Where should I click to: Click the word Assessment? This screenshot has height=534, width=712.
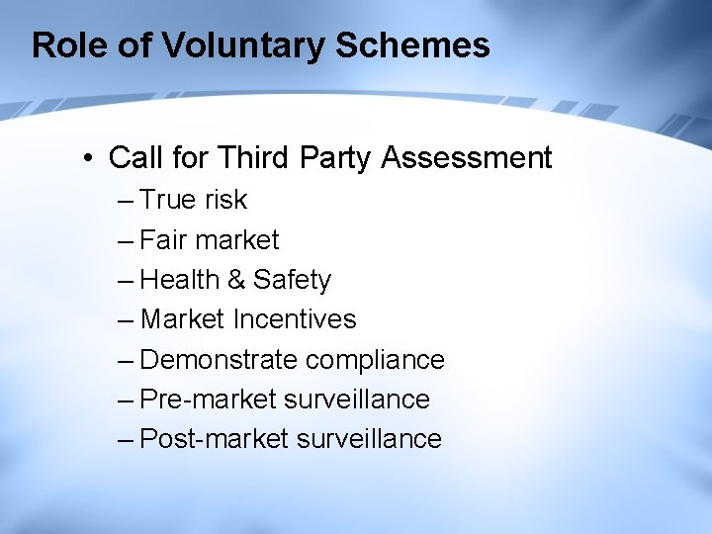(467, 158)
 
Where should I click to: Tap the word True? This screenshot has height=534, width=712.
(169, 200)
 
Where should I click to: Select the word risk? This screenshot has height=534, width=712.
(225, 200)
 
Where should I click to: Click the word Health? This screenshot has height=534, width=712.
(180, 280)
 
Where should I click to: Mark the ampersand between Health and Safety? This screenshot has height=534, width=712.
(236, 280)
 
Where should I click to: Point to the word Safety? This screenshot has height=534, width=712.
(292, 280)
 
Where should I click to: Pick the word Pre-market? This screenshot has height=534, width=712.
(208, 400)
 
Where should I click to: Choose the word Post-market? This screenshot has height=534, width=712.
(215, 439)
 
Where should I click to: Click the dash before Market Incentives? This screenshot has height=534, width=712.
(126, 319)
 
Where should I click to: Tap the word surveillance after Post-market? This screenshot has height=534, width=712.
(369, 439)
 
